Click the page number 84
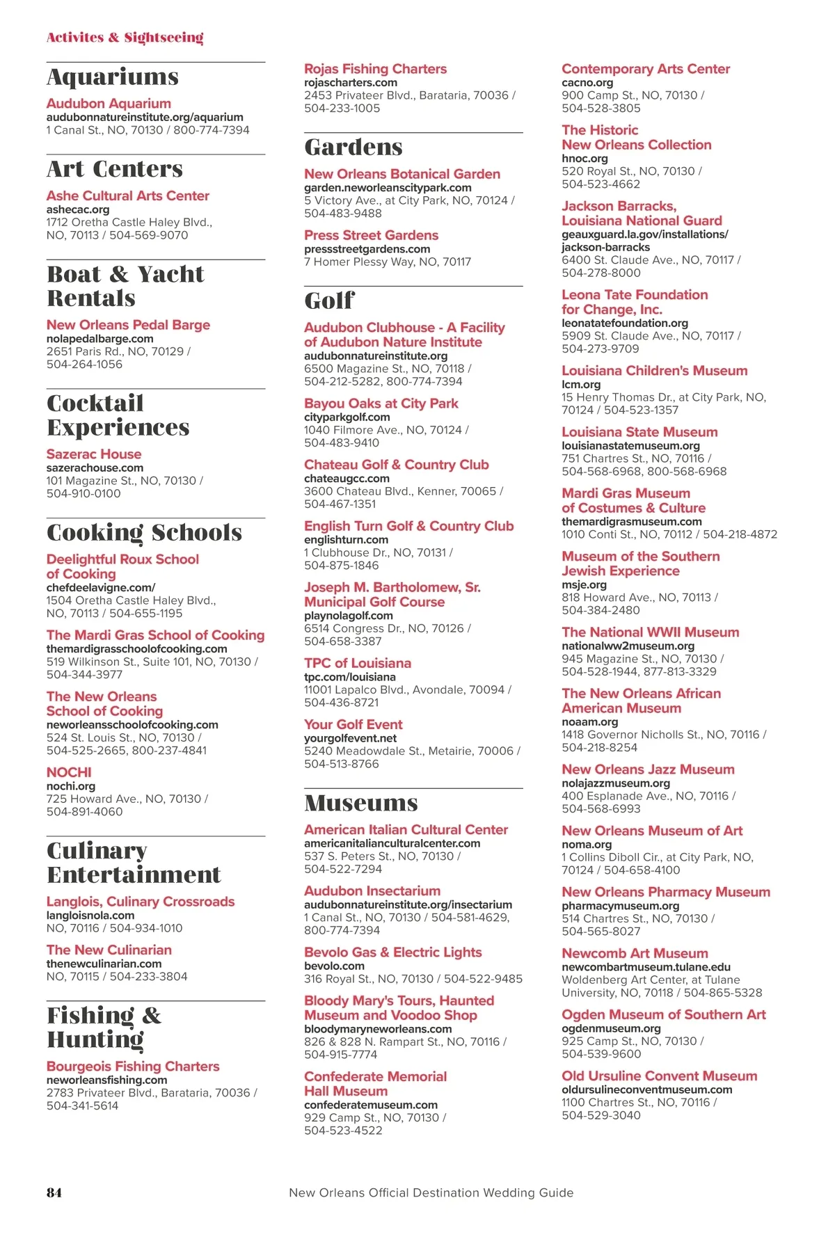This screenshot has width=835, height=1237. point(54,1192)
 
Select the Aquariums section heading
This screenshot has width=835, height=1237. point(113,77)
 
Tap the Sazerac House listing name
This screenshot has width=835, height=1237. point(94,454)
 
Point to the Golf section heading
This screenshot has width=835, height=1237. point(329,301)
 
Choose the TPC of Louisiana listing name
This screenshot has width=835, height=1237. point(358,663)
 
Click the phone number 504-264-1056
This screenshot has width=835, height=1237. point(84,365)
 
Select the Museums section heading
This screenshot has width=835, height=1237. point(361,804)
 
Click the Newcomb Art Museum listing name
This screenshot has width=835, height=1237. point(635,953)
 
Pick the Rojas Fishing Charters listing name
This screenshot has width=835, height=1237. point(375,69)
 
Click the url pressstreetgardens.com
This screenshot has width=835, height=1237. point(367,249)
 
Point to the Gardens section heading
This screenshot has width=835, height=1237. point(353,147)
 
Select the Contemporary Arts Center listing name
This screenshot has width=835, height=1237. point(646,69)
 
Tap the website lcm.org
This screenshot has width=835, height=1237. point(581,385)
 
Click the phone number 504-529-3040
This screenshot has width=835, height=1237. point(601,1115)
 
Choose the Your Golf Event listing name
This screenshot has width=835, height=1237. point(353,724)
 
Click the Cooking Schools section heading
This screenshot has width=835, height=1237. point(144,533)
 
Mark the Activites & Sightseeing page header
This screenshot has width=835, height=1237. point(125,38)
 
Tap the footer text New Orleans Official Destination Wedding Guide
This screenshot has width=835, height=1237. point(431,1192)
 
